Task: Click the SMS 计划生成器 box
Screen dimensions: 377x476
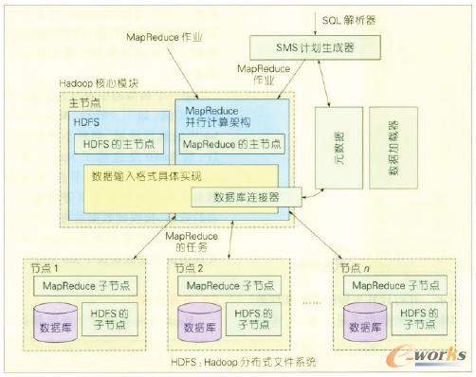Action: point(305,45)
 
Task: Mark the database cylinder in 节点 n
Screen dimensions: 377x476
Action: point(365,322)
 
